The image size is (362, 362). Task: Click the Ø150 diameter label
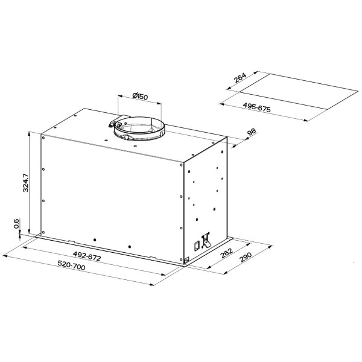[140, 96]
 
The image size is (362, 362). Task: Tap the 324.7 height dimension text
[25, 183]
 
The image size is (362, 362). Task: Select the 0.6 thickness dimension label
[16, 223]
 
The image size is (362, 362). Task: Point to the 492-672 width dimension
[87, 256]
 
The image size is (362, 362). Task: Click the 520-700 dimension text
[71, 265]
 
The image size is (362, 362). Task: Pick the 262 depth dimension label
[226, 253]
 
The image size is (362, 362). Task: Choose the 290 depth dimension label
[246, 257]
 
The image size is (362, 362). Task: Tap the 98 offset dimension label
[252, 132]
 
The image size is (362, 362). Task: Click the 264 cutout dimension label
[240, 78]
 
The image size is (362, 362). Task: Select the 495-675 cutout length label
[256, 107]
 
